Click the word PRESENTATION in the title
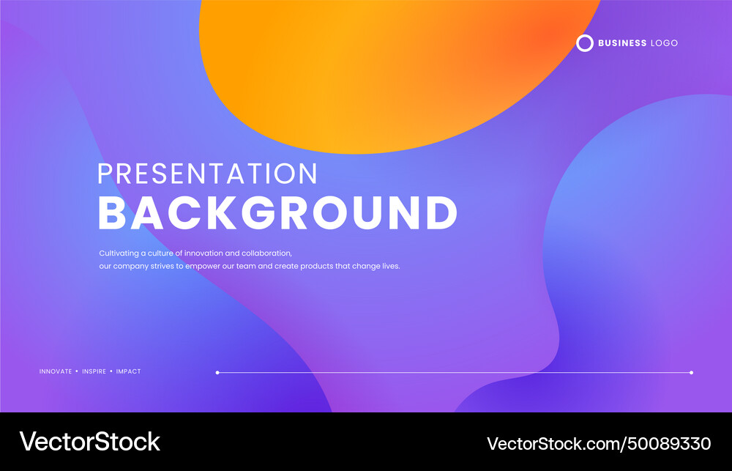[207, 174]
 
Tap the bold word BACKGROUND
[277, 213]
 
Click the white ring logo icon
[584, 43]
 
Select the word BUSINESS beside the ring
[622, 43]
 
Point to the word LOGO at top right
[664, 43]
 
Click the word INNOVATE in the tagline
[56, 371]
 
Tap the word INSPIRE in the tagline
[94, 371]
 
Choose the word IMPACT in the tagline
[128, 371]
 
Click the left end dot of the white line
[217, 372]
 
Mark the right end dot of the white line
[691, 372]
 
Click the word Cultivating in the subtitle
[117, 253]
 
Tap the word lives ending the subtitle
[392, 266]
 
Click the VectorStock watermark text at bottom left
[89, 441]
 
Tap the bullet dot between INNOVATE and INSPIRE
[77, 371]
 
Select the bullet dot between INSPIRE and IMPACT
[111, 371]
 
